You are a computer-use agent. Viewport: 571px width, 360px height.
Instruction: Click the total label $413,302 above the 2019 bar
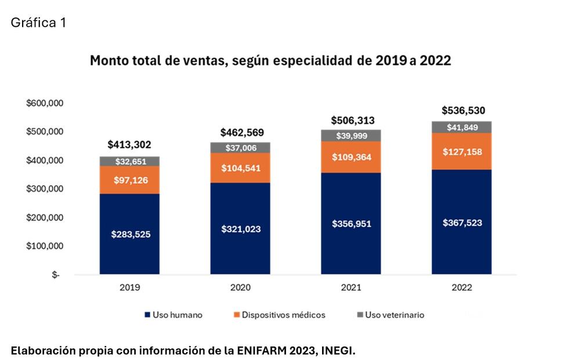pos(129,145)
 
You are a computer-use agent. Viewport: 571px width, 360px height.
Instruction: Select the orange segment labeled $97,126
pos(129,180)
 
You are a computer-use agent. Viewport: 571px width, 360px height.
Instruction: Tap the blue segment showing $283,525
pos(129,234)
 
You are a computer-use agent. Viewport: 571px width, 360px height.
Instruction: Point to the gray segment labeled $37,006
pos(240,148)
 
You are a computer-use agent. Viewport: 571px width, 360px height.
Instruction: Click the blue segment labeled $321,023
pos(240,229)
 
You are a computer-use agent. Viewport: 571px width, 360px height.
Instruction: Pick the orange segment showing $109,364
pos(351,157)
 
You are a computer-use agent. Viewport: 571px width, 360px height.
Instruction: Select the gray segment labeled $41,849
pos(462,127)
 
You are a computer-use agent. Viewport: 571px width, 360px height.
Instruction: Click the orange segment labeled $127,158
pos(462,152)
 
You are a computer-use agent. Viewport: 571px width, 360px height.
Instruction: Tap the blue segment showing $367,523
pos(462,222)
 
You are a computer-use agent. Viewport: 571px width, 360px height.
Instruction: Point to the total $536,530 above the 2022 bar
pos(462,110)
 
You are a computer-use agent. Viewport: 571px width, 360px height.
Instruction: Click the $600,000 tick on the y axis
pos(45,103)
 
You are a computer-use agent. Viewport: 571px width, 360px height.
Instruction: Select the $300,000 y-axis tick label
pos(45,189)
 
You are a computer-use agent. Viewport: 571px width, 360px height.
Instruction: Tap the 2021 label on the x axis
pos(351,287)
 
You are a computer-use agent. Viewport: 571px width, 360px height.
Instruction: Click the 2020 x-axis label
pos(240,287)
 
